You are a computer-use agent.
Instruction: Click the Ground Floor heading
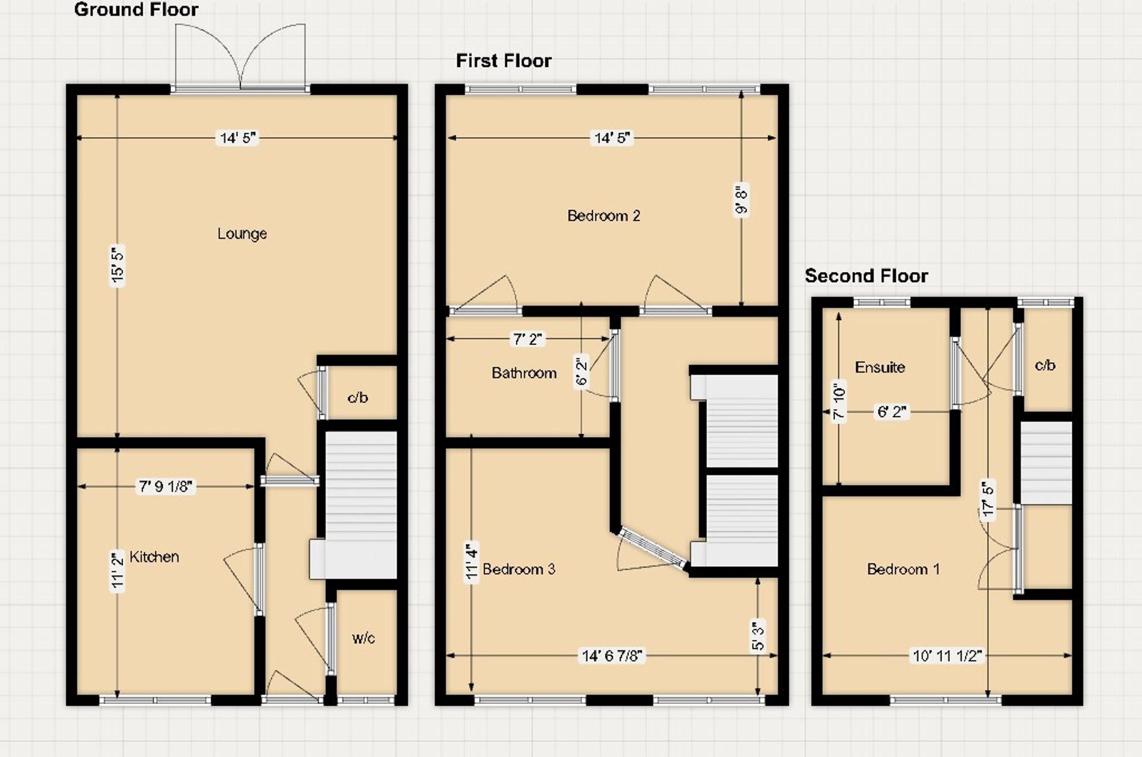[x=136, y=10]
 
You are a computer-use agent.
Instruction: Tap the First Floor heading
[x=504, y=61]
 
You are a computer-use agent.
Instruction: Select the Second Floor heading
[x=866, y=276]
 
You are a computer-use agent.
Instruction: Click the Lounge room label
[x=242, y=234]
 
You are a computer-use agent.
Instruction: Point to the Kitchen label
[x=154, y=557]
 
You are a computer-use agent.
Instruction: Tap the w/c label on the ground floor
[x=364, y=638]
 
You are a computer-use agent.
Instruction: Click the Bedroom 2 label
[x=604, y=216]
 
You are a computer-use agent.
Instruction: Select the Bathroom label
[x=524, y=373]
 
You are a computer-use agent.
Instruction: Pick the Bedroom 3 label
[x=518, y=569]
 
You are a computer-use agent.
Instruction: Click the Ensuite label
[x=880, y=367]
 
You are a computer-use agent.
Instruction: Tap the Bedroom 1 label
[x=903, y=569]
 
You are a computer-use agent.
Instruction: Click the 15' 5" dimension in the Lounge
[x=118, y=265]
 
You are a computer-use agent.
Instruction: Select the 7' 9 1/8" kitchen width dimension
[x=166, y=486]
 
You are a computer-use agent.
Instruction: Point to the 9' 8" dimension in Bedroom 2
[x=741, y=200]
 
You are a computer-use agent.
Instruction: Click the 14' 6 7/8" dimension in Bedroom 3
[x=612, y=656]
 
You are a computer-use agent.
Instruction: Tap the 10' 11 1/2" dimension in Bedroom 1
[x=947, y=656]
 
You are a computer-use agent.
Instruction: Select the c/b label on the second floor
[x=1045, y=365]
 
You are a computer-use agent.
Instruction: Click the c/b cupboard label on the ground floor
[x=358, y=398]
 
